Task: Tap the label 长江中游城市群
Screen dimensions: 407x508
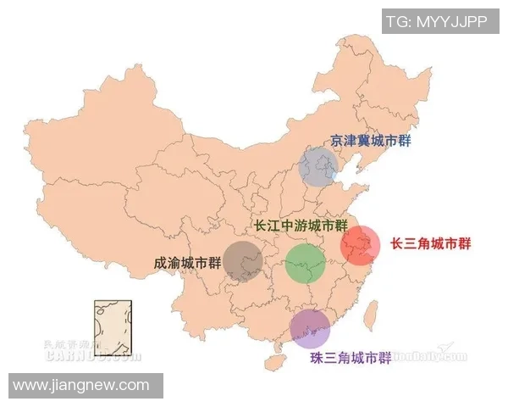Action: point(301,226)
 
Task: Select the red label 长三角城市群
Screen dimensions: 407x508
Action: point(430,243)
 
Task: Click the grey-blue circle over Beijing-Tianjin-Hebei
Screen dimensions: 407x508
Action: point(319,166)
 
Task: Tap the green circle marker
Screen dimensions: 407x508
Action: point(306,263)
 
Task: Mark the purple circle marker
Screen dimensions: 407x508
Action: point(310,329)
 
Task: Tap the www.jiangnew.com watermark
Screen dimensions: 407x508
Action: point(81,386)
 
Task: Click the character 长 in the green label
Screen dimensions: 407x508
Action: point(262,226)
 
